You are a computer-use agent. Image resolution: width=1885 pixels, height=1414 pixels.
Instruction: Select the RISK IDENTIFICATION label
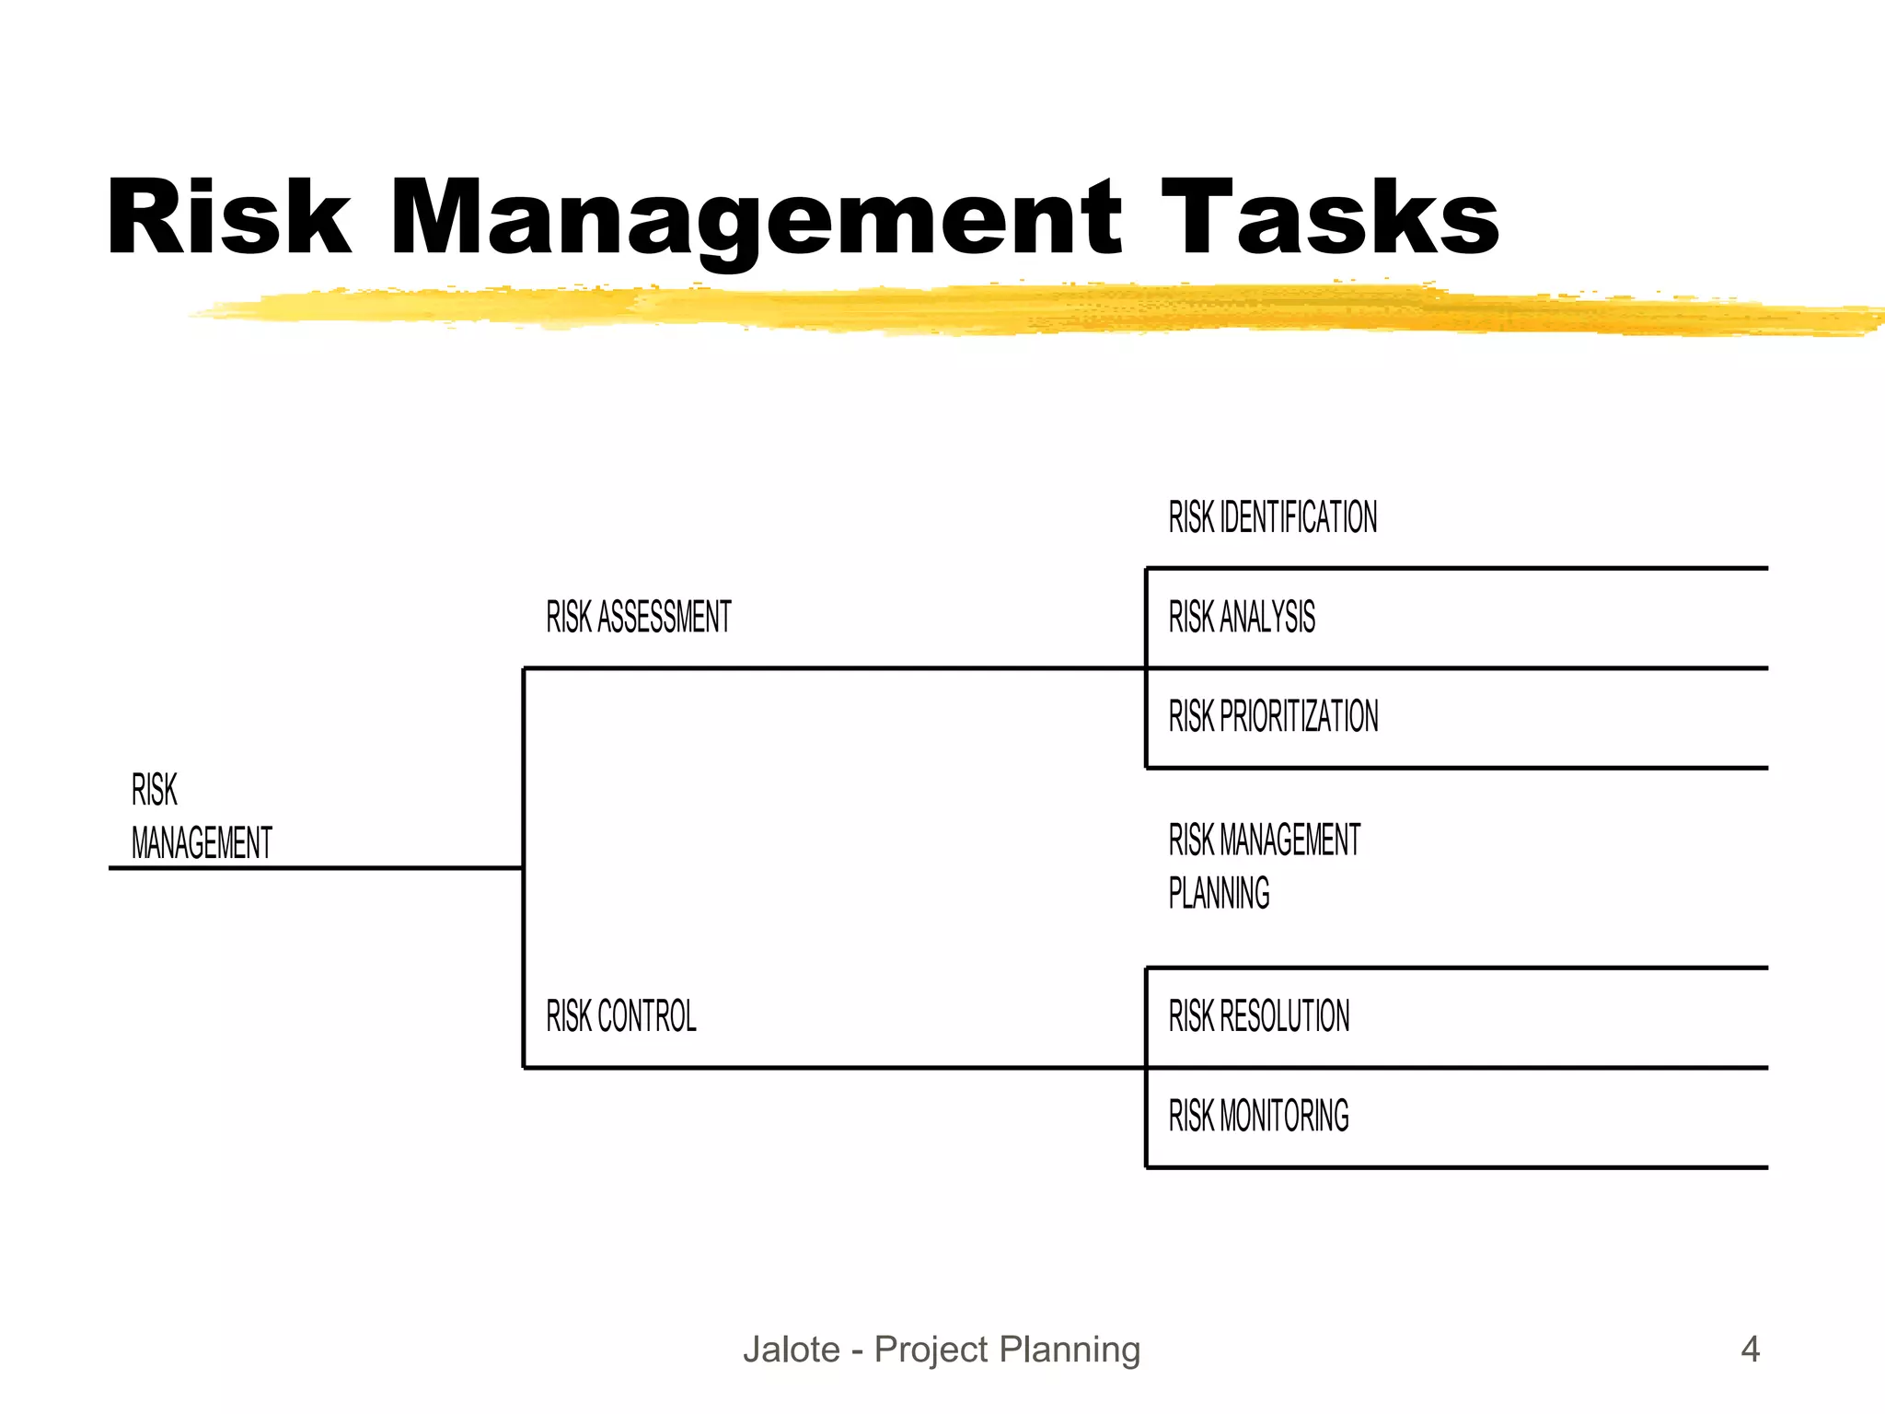(1273, 517)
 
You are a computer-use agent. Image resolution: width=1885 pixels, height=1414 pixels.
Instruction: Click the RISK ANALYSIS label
(1242, 617)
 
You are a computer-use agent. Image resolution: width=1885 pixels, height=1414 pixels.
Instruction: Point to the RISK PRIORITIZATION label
(1273, 716)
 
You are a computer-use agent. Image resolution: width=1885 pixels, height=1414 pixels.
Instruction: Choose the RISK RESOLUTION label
(1258, 1016)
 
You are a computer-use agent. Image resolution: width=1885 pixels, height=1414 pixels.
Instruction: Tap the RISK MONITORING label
(1258, 1116)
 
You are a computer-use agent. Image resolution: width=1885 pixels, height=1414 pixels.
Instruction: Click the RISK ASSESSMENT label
(639, 617)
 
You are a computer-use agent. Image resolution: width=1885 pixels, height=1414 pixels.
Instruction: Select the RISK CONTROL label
(621, 1016)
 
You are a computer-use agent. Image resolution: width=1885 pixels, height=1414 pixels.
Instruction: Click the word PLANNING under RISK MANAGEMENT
(1219, 893)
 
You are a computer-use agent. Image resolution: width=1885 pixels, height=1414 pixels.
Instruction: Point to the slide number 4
(1750, 1350)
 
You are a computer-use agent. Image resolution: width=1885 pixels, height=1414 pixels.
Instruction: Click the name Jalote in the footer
(792, 1350)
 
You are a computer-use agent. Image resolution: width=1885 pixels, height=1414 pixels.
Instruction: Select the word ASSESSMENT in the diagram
(665, 617)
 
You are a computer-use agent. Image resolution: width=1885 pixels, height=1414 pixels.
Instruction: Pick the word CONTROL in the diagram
(647, 1016)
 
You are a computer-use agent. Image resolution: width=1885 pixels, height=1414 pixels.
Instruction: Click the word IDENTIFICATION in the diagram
(1299, 517)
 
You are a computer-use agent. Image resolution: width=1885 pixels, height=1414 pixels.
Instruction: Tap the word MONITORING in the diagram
(1284, 1116)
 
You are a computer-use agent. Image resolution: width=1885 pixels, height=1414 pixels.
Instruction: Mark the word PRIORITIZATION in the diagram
(1299, 716)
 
